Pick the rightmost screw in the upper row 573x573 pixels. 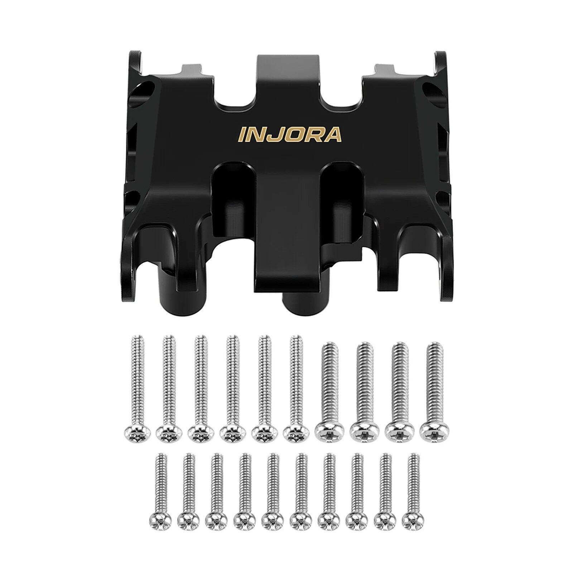(x=434, y=390)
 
